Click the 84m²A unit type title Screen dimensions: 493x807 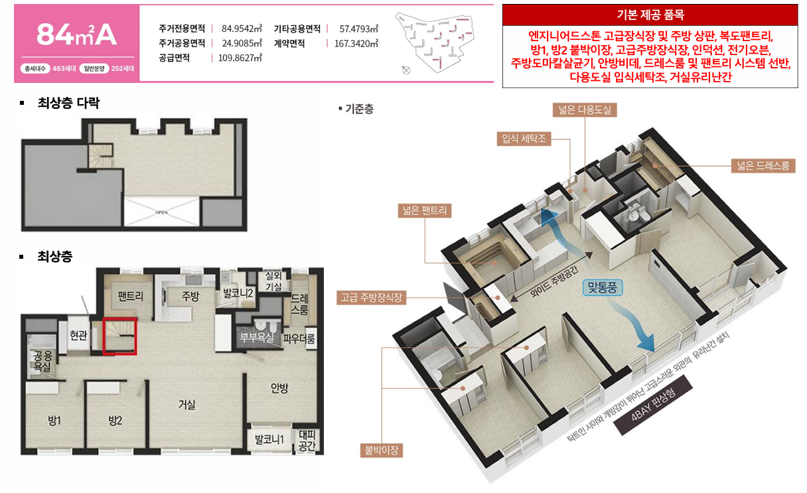pos(76,35)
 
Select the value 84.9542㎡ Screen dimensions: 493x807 pos(242,29)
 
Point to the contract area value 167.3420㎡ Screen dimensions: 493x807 pos(356,43)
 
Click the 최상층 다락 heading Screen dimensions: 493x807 pos(68,103)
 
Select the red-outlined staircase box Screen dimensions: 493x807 pos(120,336)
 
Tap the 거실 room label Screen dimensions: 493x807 pos(187,404)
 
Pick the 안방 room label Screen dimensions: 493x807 pos(279,389)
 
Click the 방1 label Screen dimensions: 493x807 pos(54,420)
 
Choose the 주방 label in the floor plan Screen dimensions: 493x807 pos(190,296)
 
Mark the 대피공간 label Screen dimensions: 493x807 pos(307,441)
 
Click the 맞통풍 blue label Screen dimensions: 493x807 pos(605,288)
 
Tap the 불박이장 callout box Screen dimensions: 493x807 pos(382,451)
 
